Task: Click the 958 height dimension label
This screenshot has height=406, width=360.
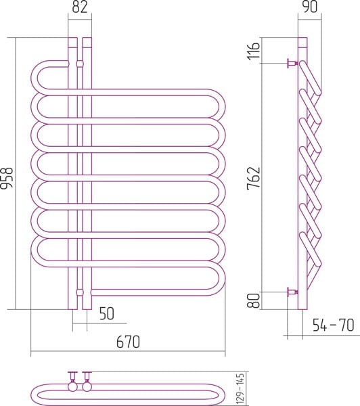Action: click(7, 179)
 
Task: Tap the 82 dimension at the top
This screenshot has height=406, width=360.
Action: click(80, 7)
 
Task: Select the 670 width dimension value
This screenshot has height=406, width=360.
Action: click(128, 342)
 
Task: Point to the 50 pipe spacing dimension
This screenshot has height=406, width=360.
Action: click(107, 313)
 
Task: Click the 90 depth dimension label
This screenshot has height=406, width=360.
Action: click(310, 7)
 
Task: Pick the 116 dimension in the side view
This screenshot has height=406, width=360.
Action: click(253, 51)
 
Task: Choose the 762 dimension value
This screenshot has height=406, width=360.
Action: click(253, 178)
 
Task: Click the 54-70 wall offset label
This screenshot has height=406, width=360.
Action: click(334, 325)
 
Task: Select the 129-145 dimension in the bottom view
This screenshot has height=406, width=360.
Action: click(241, 388)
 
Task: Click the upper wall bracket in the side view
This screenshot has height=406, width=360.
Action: click(292, 63)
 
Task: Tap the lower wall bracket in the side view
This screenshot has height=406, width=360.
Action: click(292, 292)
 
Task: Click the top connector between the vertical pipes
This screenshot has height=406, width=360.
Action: click(80, 63)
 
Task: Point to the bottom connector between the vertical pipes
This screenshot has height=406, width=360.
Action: click(80, 292)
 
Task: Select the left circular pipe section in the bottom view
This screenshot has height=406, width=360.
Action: click(72, 386)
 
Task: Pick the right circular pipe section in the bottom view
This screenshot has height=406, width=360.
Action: click(87, 386)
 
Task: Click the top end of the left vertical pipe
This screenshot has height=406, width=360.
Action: click(72, 38)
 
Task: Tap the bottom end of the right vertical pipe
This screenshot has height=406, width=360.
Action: click(87, 309)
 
